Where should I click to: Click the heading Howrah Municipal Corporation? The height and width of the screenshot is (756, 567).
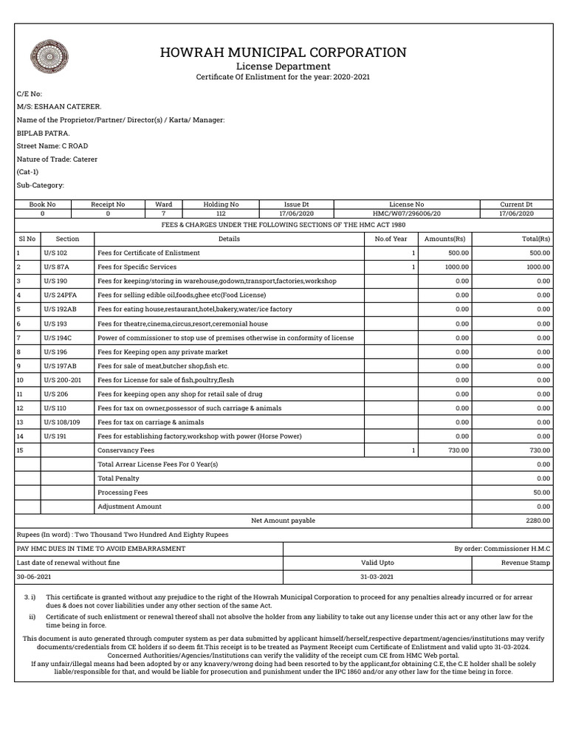click(283, 52)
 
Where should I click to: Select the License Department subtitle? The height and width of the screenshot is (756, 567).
click(283, 66)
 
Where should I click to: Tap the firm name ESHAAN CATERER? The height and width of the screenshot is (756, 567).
click(59, 106)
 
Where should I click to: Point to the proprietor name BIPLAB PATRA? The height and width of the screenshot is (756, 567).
click(43, 133)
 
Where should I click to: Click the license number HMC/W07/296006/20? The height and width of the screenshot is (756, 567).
click(406, 213)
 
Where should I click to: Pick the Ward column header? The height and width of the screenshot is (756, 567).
click(164, 204)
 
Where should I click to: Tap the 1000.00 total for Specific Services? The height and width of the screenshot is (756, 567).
click(538, 267)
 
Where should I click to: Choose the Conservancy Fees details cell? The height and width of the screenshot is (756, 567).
click(126, 450)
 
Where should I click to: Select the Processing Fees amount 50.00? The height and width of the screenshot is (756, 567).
click(541, 492)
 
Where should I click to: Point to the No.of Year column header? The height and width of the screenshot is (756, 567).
click(391, 238)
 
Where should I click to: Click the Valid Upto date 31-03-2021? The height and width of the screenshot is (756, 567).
click(377, 576)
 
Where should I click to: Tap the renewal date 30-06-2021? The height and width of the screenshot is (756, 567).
click(33, 576)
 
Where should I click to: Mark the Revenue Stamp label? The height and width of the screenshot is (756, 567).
click(526, 563)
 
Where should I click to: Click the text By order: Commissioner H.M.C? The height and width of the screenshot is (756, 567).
click(502, 549)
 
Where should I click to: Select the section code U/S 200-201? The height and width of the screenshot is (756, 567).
click(63, 379)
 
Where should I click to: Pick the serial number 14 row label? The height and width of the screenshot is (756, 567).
click(21, 436)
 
